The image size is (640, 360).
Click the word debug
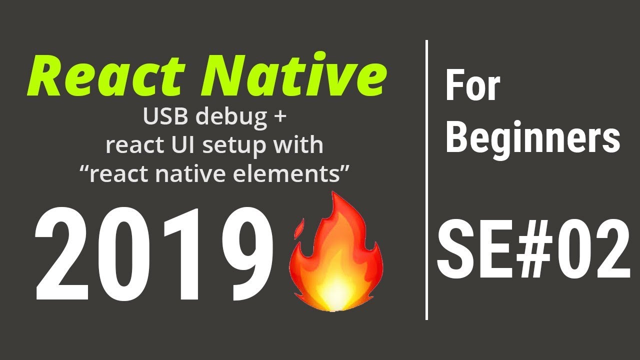[234, 117]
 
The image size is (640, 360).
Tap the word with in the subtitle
[301, 145]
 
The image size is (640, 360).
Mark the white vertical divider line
[426, 180]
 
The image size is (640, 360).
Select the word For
[472, 86]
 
